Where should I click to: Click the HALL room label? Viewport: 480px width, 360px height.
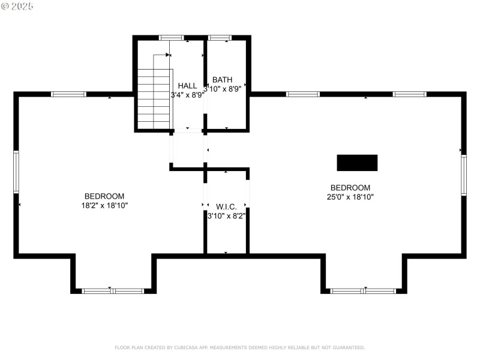(x=187, y=86)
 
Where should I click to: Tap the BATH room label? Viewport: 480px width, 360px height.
(x=222, y=79)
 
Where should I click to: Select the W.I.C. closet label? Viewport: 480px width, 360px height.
(x=226, y=206)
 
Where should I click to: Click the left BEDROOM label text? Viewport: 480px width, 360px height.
(x=104, y=196)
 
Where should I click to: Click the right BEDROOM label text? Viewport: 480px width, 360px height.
(x=350, y=187)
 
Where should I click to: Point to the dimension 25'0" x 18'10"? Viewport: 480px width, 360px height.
(x=350, y=196)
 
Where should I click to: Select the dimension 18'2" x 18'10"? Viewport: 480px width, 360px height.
(x=104, y=205)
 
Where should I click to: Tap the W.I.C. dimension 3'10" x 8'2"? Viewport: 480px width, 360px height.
(x=226, y=216)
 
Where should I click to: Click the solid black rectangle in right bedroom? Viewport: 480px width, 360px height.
(x=357, y=163)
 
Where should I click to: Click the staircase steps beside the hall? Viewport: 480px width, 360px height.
(x=154, y=98)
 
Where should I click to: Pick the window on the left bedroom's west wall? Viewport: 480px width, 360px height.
(x=16, y=172)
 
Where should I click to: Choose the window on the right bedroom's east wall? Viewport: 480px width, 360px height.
(x=464, y=175)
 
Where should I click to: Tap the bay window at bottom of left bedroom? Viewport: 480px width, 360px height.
(x=113, y=291)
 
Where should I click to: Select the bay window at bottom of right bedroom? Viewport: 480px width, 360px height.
(x=364, y=291)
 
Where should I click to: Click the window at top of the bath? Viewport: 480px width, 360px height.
(x=220, y=38)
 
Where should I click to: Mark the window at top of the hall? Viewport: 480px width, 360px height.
(x=172, y=38)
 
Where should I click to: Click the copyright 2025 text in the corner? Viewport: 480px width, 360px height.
(x=17, y=6)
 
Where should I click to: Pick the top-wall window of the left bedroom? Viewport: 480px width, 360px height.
(x=68, y=94)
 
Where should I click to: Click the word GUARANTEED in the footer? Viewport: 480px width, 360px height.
(x=348, y=347)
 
